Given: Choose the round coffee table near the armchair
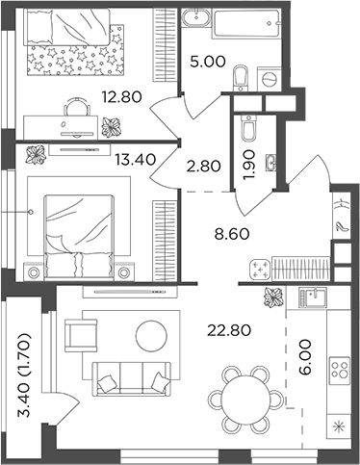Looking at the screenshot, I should click(x=152, y=335).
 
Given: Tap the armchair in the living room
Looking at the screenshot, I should click(x=80, y=337).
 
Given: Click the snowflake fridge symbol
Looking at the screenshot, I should click(x=337, y=426).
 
